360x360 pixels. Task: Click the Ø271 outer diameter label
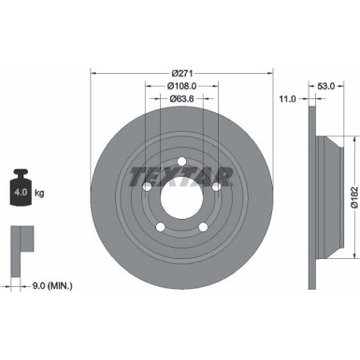[181, 71]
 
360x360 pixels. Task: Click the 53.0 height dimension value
[326, 86]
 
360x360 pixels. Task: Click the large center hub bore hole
[182, 195]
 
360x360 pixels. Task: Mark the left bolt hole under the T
[148, 185]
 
